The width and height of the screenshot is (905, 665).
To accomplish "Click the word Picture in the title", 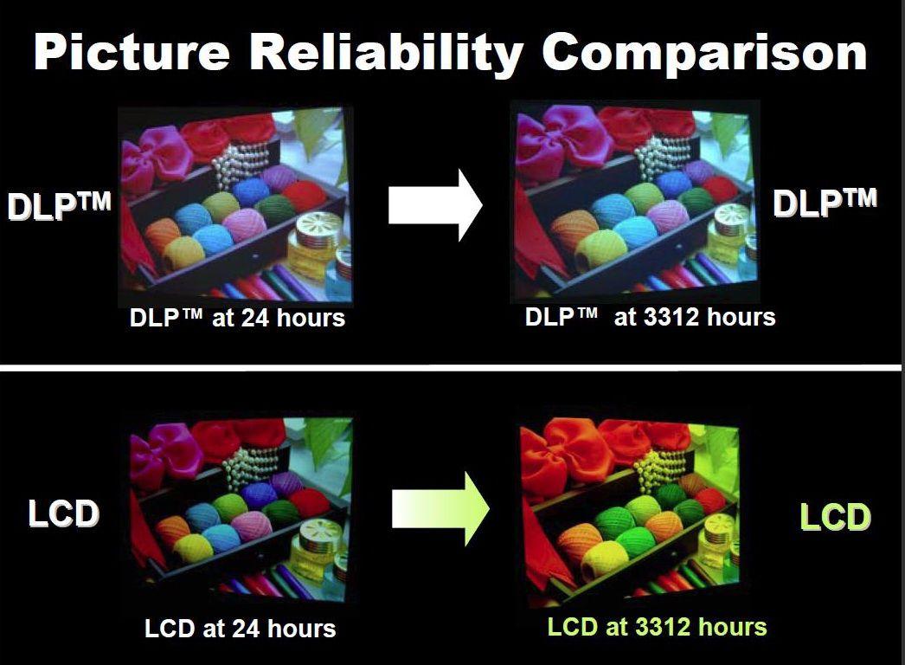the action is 132,52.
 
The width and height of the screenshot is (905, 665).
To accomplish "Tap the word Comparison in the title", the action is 705,54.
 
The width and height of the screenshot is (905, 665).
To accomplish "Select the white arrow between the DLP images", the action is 435,205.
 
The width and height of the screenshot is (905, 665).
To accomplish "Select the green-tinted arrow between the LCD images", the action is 440,509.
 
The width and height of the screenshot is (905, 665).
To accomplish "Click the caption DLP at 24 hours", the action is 237,318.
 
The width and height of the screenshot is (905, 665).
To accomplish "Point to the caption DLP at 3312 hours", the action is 650,317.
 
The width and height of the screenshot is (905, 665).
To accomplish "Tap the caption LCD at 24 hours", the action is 241,629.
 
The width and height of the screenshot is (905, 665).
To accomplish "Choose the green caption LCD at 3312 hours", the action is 657,627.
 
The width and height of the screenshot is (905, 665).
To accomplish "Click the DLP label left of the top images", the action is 59,205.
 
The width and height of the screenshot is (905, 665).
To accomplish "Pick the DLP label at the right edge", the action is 825,203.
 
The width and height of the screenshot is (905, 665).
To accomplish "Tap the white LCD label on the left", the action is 63,513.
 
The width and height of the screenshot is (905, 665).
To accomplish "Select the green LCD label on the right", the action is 835,517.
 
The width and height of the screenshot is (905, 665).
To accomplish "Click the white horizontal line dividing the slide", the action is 450,368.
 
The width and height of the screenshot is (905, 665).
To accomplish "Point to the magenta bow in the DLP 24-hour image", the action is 156,155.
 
